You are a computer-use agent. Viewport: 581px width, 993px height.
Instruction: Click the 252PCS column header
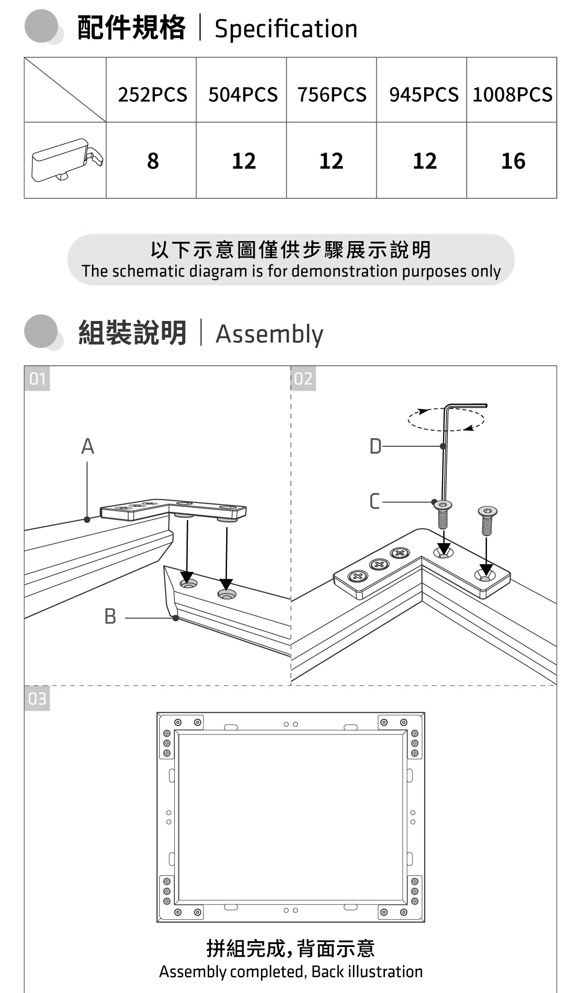tap(152, 94)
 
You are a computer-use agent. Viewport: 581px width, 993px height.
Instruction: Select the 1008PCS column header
tap(512, 94)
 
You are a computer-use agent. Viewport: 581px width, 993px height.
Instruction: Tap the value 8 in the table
tap(153, 161)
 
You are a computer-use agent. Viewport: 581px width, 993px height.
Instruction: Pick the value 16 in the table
tap(513, 161)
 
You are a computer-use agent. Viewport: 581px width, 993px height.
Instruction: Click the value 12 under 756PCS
tap(331, 161)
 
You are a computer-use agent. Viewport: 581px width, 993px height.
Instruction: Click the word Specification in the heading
tap(286, 29)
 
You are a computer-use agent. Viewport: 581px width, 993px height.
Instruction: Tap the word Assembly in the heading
tap(269, 334)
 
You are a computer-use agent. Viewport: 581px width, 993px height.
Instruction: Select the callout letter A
tap(88, 446)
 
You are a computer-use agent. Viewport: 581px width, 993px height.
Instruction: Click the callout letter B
tap(110, 617)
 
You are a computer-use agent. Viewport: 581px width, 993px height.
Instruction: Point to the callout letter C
tap(374, 502)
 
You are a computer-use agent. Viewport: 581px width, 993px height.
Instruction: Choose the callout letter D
tap(375, 446)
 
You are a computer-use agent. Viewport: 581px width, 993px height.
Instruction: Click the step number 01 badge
tap(37, 379)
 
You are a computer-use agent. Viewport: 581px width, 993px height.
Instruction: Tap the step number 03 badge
tap(37, 699)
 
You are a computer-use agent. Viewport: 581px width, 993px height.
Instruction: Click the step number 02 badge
tap(304, 379)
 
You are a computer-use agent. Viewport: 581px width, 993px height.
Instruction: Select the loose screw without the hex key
tap(487, 520)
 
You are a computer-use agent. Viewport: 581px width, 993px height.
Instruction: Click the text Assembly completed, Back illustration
tap(290, 972)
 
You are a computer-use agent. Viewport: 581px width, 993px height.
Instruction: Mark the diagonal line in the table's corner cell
tap(65, 90)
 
